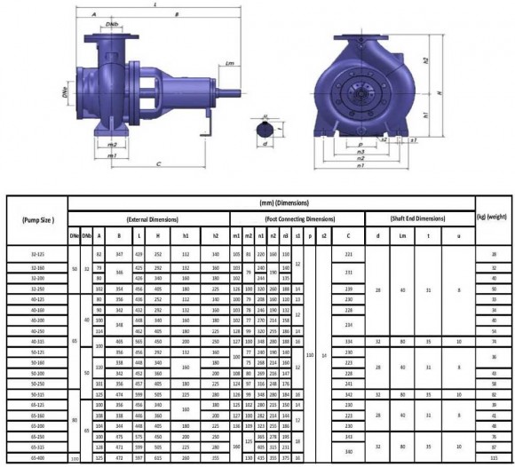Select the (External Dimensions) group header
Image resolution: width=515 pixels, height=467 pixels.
pyautogui.click(x=147, y=218)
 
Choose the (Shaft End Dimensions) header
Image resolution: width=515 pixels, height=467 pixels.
pyautogui.click(x=418, y=218)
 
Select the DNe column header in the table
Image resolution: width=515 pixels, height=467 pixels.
pyautogui.click(x=74, y=235)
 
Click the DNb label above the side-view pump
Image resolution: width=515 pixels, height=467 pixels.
pyautogui.click(x=111, y=21)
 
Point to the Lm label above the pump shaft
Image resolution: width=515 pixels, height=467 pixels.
pyautogui.click(x=229, y=63)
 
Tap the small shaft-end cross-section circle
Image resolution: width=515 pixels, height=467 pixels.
pyautogui.click(x=267, y=130)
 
